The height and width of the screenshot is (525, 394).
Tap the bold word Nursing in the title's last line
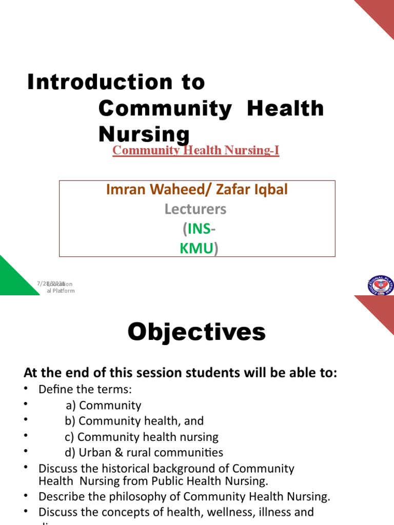click(144, 134)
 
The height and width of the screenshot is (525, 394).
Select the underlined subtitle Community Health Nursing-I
click(195, 150)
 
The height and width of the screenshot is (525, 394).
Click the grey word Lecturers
click(195, 209)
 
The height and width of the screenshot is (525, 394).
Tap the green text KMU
click(196, 249)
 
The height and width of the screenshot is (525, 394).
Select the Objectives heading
click(196, 332)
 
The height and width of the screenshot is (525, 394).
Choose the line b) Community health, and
click(134, 421)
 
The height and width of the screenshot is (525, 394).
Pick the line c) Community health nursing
click(141, 437)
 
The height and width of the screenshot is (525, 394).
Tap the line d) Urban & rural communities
click(144, 453)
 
